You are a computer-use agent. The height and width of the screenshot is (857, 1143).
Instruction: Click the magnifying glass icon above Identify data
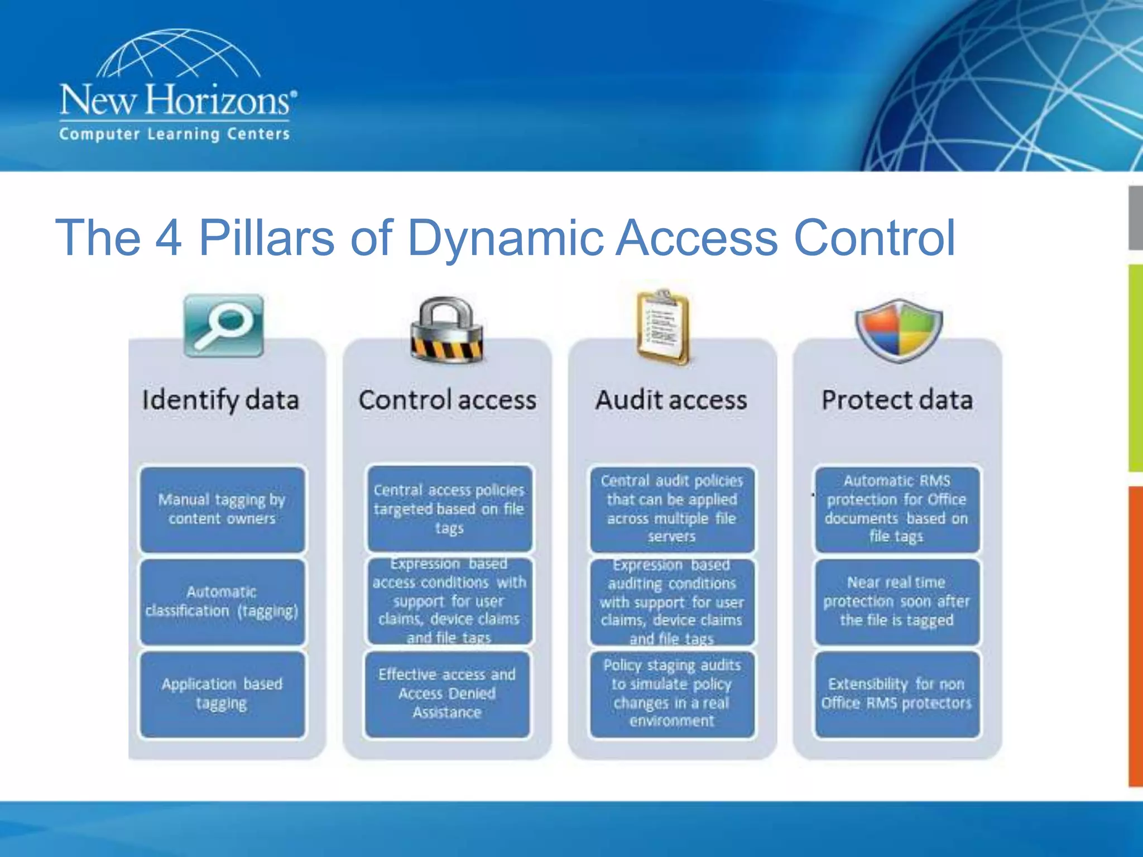tap(223, 326)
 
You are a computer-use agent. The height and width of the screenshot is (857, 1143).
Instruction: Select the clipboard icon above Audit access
tap(663, 327)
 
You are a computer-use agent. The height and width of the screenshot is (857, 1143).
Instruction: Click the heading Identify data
tap(220, 401)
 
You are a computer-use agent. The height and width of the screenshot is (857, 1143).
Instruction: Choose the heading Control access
tap(447, 401)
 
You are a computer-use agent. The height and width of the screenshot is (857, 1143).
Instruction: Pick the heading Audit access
tap(671, 401)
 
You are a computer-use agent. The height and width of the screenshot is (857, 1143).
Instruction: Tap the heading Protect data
tap(897, 401)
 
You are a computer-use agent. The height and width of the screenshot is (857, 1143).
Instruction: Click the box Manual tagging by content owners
tap(222, 509)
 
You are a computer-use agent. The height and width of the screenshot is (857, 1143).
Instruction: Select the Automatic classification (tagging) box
tap(222, 601)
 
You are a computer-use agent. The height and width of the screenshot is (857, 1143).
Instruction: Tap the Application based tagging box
tap(222, 694)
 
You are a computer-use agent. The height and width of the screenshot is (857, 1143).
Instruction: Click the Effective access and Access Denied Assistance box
tap(447, 694)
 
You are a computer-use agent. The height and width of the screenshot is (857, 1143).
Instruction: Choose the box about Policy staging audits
tap(671, 694)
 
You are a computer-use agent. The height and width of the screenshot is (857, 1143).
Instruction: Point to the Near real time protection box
tap(897, 601)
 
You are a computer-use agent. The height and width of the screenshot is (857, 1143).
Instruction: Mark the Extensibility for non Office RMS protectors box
tap(897, 694)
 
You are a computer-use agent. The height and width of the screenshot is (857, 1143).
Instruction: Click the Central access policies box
tap(449, 509)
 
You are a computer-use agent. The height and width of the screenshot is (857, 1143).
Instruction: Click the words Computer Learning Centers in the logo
tap(175, 134)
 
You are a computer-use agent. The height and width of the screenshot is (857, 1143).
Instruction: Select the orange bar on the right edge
tap(1135, 636)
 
